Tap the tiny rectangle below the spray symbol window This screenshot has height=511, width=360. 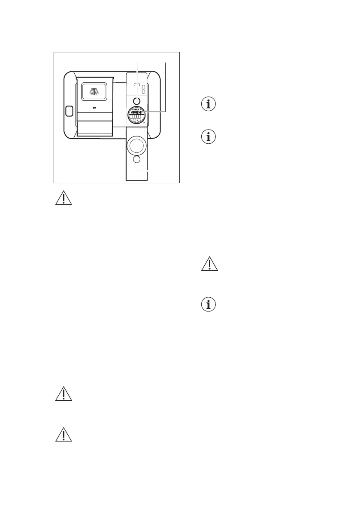pyautogui.click(x=95, y=108)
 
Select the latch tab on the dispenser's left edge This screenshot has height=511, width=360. pyautogui.click(x=68, y=111)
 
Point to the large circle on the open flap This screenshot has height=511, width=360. pyautogui.click(x=136, y=145)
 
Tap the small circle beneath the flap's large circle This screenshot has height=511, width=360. pyautogui.click(x=136, y=160)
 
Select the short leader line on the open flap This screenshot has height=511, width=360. pyautogui.click(x=153, y=171)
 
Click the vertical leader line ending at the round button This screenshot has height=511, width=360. pyautogui.click(x=137, y=77)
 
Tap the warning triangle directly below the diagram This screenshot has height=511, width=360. pyautogui.click(x=63, y=198)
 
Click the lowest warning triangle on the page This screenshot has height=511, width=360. pyautogui.click(x=63, y=435)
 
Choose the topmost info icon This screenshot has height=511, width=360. pyautogui.click(x=209, y=104)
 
